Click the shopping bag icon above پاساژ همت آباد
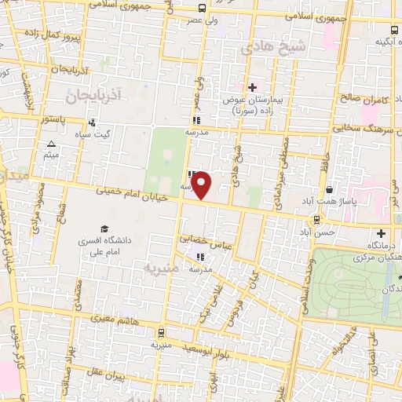(x=328, y=189)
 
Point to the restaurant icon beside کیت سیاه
(x=93, y=122)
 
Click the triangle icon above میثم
(x=51, y=144)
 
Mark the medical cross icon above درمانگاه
(x=381, y=233)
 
